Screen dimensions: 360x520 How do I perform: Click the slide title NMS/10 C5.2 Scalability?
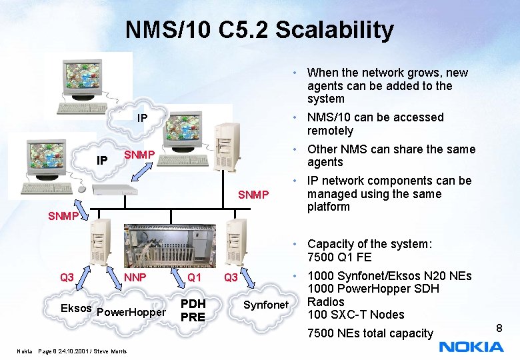[259, 30]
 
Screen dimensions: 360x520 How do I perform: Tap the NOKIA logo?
[471, 346]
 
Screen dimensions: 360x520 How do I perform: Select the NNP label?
[135, 277]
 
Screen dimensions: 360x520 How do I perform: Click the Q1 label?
[194, 277]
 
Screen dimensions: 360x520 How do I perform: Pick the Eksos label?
[76, 309]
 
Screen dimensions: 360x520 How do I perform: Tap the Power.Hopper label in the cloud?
[131, 312]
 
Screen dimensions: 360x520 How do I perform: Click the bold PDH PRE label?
[193, 311]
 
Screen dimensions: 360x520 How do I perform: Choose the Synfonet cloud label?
[265, 305]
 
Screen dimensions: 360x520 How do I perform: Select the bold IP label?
[102, 161]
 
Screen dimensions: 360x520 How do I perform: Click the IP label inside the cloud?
[142, 119]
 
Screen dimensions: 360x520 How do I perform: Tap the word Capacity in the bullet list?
[331, 244]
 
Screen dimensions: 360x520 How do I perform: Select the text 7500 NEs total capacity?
[370, 333]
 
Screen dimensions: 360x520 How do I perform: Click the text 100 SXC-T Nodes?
[356, 315]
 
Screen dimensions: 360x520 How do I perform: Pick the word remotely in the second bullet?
[330, 131]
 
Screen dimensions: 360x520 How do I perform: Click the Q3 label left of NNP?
[67, 277]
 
